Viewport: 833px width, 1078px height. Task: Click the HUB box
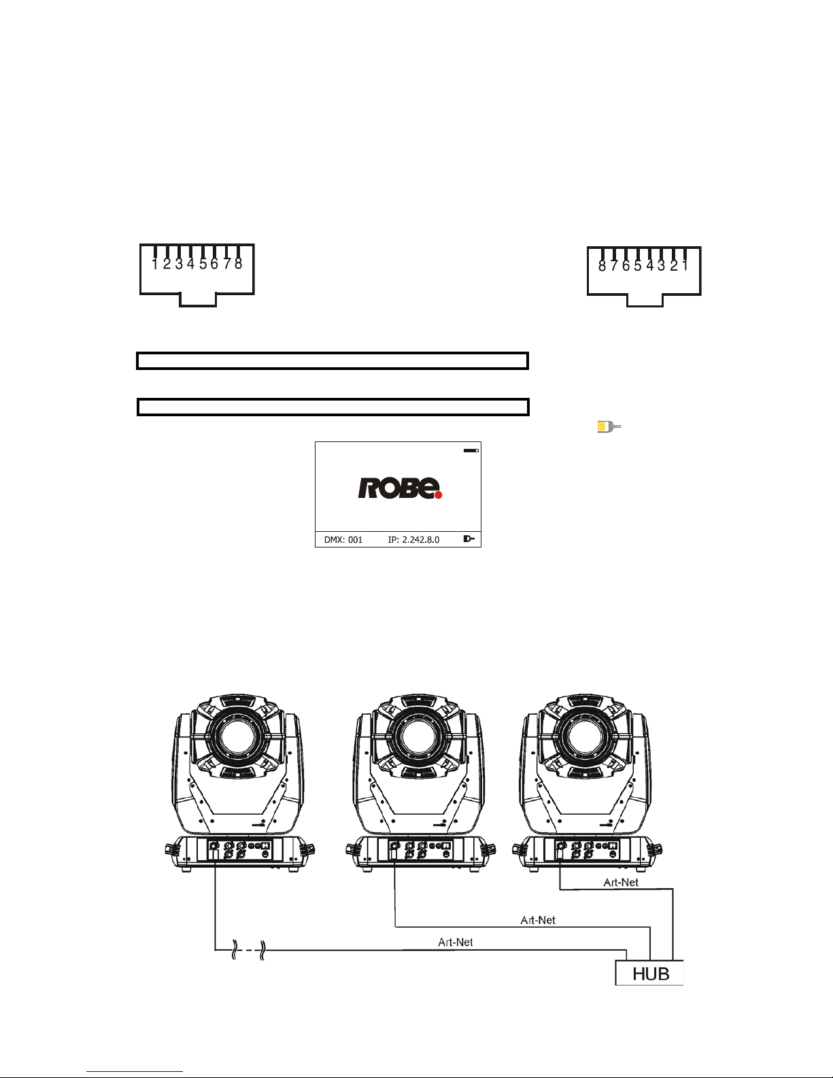[x=649, y=973]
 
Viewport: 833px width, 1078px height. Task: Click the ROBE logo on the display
[x=400, y=488]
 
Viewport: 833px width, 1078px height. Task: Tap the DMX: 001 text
[x=343, y=540]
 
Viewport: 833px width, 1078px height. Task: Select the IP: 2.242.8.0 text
[x=413, y=540]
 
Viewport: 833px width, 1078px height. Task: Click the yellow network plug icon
[x=609, y=426]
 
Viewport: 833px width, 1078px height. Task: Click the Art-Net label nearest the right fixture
[x=621, y=883]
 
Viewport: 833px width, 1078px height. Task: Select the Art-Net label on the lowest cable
[x=455, y=942]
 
